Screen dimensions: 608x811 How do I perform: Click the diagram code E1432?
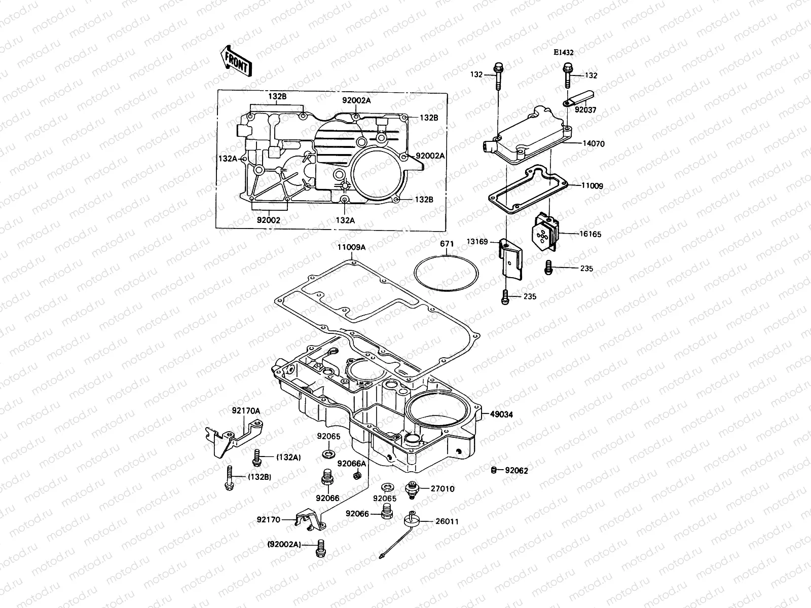[x=563, y=52]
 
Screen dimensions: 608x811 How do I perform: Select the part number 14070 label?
[x=593, y=144]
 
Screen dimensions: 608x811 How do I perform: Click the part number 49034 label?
[x=501, y=414]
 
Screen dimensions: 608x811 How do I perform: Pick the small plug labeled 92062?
[x=493, y=471]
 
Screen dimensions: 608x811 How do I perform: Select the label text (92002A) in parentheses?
[x=284, y=544]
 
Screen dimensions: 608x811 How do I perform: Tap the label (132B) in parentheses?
[x=259, y=477]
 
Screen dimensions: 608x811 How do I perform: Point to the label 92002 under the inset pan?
[x=268, y=220]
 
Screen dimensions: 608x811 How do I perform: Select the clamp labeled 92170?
[x=309, y=518]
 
